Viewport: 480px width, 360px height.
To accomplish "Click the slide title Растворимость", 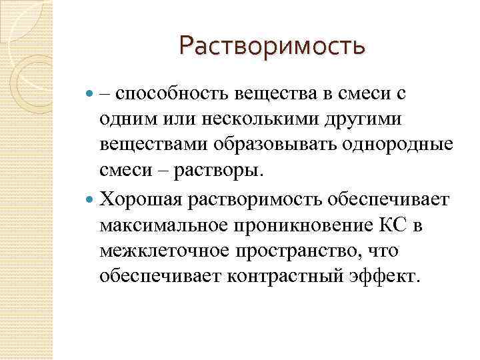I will pos(272,47).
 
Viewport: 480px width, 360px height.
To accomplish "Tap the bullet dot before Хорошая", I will pos(91,200).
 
